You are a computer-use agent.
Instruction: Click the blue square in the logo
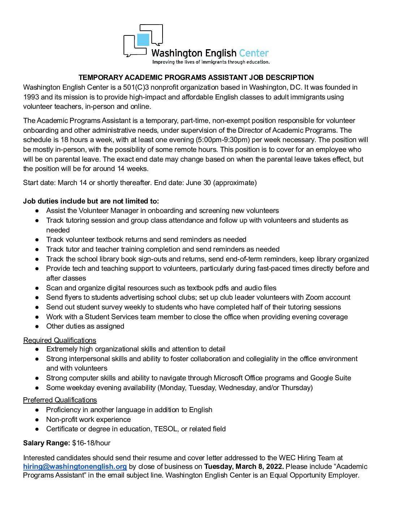tap(143, 39)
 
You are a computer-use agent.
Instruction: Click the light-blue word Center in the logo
tap(254, 54)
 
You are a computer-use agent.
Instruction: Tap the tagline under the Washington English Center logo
tap(211, 62)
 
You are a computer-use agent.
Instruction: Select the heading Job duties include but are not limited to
tap(91, 201)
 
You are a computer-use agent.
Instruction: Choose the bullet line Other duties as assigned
tap(85, 326)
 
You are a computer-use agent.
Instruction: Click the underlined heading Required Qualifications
tap(60, 340)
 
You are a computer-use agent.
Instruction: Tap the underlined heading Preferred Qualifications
tap(60, 400)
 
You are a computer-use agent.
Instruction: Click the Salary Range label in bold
tap(47, 443)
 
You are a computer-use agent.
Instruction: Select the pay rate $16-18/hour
tap(91, 443)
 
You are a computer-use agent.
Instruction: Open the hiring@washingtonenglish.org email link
tap(75, 466)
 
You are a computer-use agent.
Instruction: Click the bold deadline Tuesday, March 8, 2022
tap(244, 466)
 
